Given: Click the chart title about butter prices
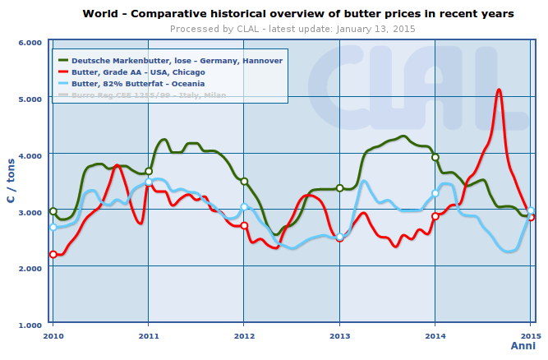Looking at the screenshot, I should [298, 14].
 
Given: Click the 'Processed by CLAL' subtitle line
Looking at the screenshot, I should [292, 29].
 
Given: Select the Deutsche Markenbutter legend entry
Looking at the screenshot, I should [177, 61].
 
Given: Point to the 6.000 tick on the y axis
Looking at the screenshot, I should [30, 43].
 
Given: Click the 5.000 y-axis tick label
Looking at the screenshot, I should [30, 99].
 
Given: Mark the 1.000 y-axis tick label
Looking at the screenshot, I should [30, 325].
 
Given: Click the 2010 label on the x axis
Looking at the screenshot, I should [53, 336].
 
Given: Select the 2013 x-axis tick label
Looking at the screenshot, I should [339, 336].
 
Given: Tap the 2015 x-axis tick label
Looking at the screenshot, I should [530, 336].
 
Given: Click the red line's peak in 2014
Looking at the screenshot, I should [499, 90].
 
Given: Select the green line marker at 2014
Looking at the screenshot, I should [435, 157].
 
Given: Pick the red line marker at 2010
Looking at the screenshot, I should [53, 255].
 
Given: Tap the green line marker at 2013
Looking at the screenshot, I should [339, 188].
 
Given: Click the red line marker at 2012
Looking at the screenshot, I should [244, 225].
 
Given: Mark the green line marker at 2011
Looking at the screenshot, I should [149, 171].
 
